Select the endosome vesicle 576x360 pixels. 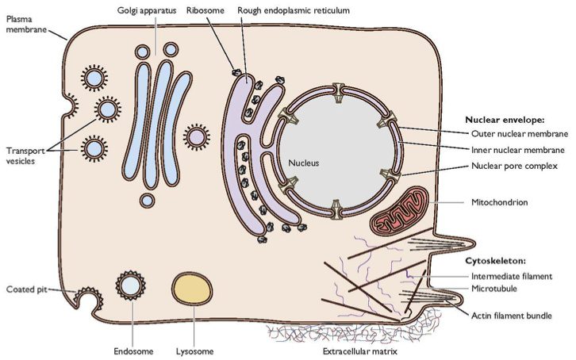129,285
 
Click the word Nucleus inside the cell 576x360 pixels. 303,163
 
